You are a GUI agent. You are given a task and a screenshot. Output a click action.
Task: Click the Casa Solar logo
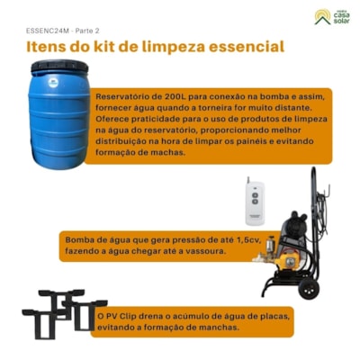point(332,17)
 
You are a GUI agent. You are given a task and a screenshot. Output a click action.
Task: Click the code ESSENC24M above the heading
point(48,31)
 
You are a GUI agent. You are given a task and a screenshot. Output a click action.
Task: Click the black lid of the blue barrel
point(59,66)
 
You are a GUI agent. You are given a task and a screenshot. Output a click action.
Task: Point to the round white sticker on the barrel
point(53,83)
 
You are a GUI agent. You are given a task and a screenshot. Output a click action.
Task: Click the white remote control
point(255,202)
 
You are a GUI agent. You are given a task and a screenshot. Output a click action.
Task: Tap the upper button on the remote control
point(255,195)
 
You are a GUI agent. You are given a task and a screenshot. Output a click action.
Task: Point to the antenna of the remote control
point(248,180)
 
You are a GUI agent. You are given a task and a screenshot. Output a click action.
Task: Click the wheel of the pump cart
point(309,290)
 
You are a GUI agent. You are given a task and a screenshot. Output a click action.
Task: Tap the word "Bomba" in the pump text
point(77,240)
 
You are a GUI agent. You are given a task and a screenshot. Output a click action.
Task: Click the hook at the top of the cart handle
point(327,191)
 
